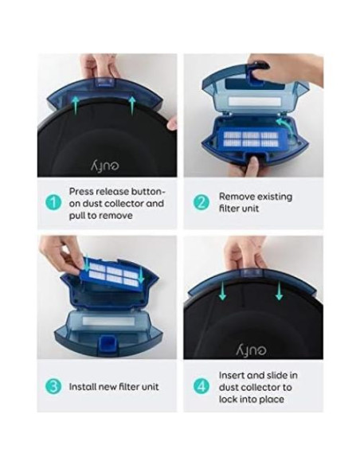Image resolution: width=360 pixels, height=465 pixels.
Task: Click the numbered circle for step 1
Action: coord(53,202)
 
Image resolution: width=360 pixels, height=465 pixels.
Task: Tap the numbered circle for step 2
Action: coord(202,202)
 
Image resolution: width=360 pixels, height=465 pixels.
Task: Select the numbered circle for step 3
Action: coord(53,387)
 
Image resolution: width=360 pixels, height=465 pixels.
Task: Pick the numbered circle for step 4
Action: coord(202,387)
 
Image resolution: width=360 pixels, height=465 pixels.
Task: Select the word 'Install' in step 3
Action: coord(83,387)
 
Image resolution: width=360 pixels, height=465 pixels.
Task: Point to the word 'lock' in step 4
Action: coord(231,398)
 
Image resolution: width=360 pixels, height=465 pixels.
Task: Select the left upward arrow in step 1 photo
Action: coord(74,101)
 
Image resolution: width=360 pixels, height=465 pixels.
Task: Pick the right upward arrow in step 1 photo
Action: coord(130,101)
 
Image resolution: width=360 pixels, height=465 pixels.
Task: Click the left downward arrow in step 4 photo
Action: coord(223,293)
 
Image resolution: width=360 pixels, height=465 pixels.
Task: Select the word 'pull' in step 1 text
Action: coord(79,215)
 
